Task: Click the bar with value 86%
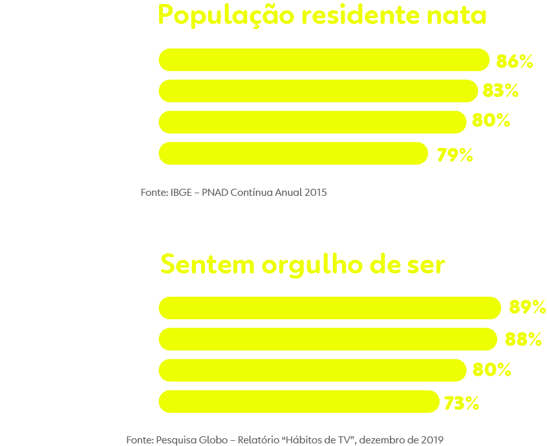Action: (x=323, y=59)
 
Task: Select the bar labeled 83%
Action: (x=317, y=90)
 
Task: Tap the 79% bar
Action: (x=293, y=153)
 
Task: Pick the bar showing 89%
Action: (x=329, y=308)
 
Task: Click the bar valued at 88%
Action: (x=327, y=339)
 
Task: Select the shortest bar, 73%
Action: (x=298, y=401)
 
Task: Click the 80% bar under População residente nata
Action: (x=312, y=122)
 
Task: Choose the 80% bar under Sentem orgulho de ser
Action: (x=312, y=370)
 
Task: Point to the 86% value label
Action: (x=514, y=61)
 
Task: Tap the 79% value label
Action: (x=455, y=155)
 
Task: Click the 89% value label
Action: (x=527, y=308)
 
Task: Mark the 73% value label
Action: (x=461, y=403)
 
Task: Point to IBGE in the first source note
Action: (x=181, y=193)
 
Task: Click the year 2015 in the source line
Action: (x=315, y=193)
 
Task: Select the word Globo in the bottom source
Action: (x=211, y=440)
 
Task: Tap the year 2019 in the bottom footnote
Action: (x=431, y=440)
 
